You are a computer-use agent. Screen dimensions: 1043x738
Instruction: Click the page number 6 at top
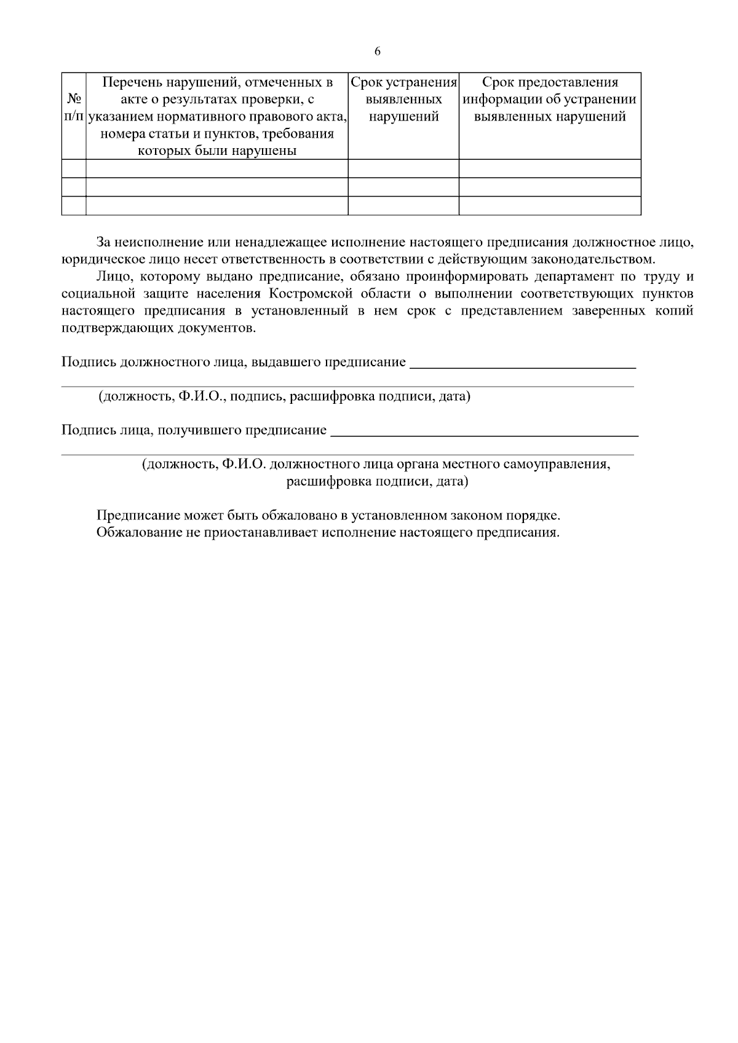pyautogui.click(x=377, y=52)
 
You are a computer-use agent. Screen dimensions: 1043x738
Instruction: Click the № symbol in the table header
pyautogui.click(x=73, y=100)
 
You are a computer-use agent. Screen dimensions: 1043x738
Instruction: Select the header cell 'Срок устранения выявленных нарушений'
pyautogui.click(x=403, y=100)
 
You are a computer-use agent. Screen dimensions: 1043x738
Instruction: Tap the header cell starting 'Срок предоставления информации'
pyautogui.click(x=550, y=100)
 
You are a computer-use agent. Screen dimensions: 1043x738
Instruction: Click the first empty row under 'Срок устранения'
pyautogui.click(x=403, y=169)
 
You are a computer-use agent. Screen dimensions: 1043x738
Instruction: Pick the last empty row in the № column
pyautogui.click(x=74, y=206)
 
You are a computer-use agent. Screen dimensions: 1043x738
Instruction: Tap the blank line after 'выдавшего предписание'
pyautogui.click(x=522, y=363)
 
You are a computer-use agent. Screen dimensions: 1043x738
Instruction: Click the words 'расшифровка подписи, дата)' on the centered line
pyautogui.click(x=377, y=482)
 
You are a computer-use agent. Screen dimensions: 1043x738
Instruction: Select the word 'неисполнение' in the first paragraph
pyautogui.click(x=156, y=242)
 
